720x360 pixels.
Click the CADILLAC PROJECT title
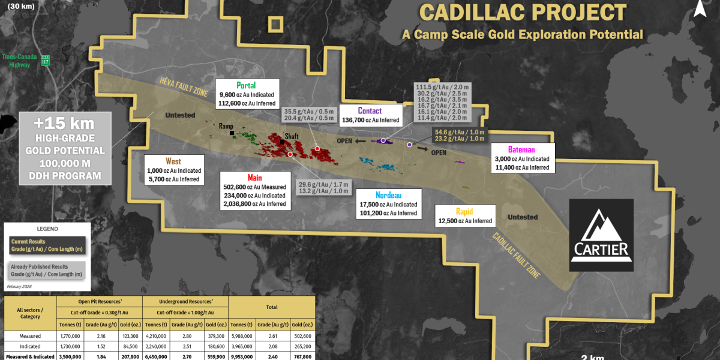click(x=523, y=13)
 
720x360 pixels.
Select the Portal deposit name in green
click(x=246, y=85)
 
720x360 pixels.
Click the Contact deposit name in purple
click(x=370, y=110)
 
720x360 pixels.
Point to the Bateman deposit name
click(x=522, y=149)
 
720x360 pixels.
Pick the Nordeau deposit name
click(x=388, y=195)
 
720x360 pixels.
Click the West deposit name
click(x=173, y=161)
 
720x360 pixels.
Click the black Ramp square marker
click(x=232, y=133)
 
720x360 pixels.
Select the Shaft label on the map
click(x=292, y=137)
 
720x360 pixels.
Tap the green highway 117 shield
click(x=45, y=61)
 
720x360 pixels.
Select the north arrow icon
click(x=701, y=8)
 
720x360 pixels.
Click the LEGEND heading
click(x=47, y=229)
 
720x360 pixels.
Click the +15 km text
click(x=65, y=124)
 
